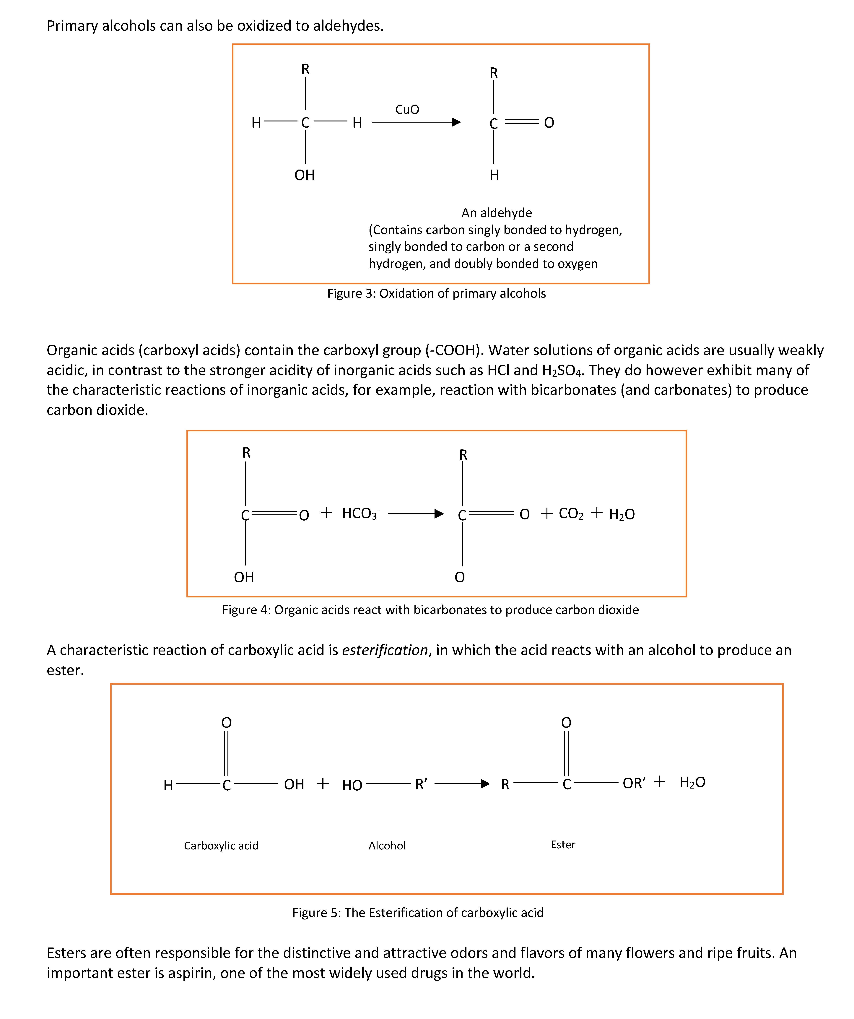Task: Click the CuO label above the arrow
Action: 407,110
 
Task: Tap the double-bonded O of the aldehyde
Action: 549,123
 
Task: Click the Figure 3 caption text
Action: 436,294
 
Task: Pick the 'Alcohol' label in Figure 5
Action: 387,846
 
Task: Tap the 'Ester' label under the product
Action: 563,845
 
